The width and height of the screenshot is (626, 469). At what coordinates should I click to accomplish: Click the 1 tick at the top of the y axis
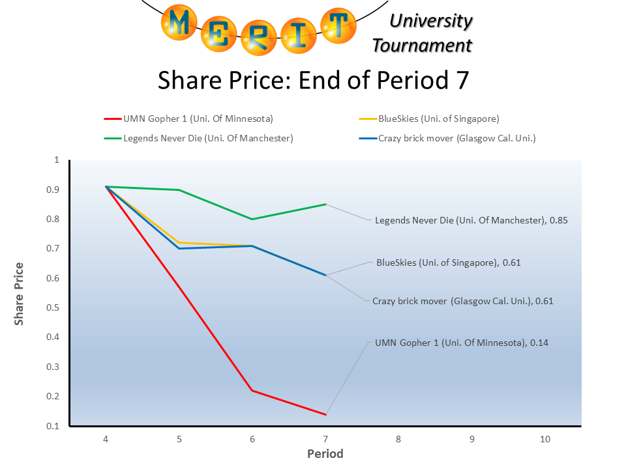(x=57, y=160)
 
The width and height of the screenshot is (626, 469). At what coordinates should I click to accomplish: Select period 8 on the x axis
(x=398, y=439)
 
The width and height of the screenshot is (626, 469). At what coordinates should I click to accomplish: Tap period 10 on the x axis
(x=545, y=439)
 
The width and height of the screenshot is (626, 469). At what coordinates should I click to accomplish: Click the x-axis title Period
(x=325, y=453)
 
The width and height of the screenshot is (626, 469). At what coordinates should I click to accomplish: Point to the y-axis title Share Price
(x=20, y=293)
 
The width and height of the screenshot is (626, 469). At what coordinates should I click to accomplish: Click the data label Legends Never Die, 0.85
(x=471, y=221)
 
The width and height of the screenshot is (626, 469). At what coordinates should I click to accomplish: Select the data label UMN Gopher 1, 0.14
(x=462, y=343)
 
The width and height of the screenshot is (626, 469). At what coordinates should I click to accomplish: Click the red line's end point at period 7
(x=325, y=414)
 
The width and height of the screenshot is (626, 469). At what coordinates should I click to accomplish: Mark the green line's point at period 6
(x=252, y=219)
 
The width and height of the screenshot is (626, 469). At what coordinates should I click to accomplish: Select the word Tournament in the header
(x=422, y=46)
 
